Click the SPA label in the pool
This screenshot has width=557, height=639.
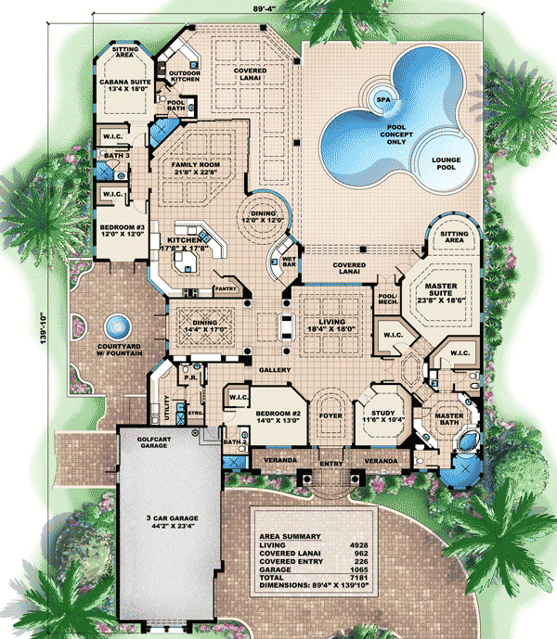point(381,96)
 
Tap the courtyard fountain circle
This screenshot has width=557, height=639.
point(115,326)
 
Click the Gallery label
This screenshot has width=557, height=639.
point(276,369)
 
